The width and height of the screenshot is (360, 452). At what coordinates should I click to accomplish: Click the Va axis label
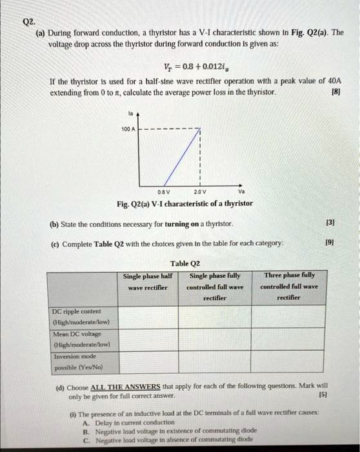pos(241,190)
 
